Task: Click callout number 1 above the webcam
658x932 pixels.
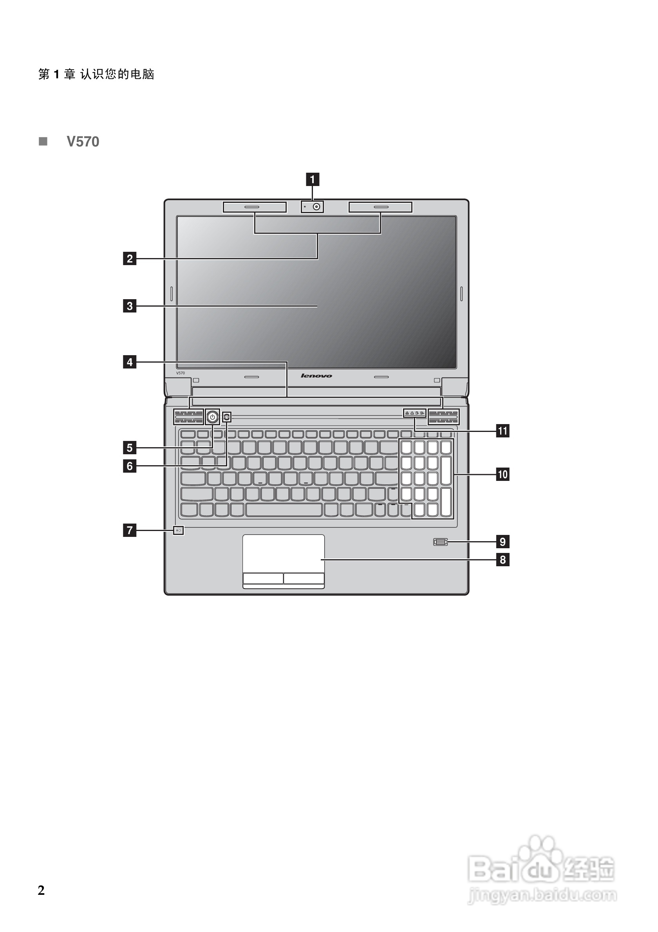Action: coord(312,179)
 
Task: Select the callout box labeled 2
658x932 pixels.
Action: coord(130,258)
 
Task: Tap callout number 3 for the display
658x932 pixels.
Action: coord(130,306)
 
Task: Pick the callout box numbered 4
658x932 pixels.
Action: coord(130,362)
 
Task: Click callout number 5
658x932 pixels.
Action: coord(130,448)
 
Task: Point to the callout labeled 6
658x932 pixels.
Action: coord(130,466)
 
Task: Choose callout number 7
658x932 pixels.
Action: coord(130,530)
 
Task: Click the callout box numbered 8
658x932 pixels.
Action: coord(503,560)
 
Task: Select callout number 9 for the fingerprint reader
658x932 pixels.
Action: coord(503,542)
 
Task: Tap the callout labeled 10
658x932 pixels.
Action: coord(503,474)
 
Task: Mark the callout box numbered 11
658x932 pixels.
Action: coord(503,431)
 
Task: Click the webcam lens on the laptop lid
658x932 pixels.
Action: coord(316,207)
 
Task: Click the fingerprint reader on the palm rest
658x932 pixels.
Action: coord(440,542)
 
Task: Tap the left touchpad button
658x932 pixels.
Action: coord(263,578)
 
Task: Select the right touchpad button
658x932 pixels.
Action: coord(304,578)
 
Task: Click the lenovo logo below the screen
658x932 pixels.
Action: coord(316,376)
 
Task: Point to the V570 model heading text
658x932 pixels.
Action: coord(83,142)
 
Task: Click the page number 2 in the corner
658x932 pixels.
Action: coord(41,890)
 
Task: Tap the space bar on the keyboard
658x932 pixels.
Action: coord(284,510)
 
